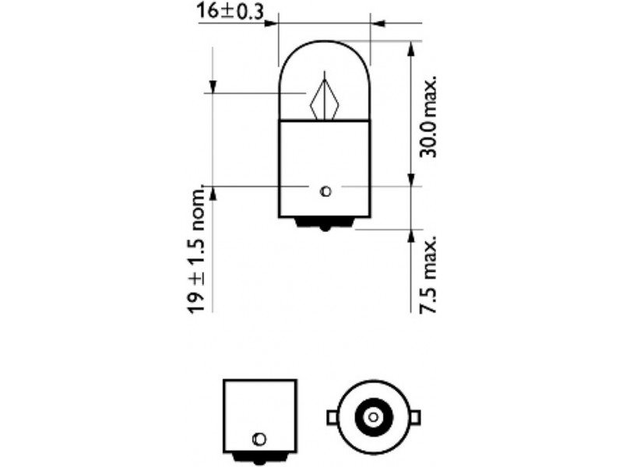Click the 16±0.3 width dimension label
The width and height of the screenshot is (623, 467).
pos(230,12)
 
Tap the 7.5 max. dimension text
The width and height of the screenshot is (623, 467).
pos(428,275)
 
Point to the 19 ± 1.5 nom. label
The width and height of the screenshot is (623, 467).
pos(197,249)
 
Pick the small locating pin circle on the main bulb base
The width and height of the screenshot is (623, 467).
pos(326,191)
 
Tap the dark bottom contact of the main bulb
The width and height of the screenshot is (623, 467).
pos(325,224)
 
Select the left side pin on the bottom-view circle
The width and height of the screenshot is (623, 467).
pos(333,418)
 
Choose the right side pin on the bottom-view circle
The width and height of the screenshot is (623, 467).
pos(414,418)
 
